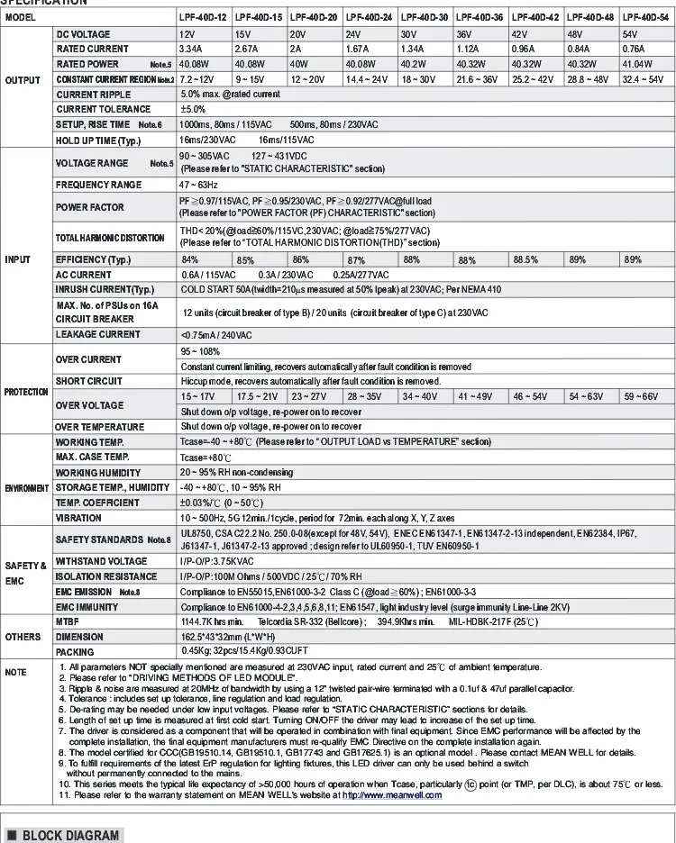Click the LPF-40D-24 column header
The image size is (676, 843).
(369, 17)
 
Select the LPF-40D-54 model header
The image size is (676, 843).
(646, 17)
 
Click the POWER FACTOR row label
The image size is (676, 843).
(89, 208)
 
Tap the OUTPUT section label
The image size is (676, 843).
(23, 80)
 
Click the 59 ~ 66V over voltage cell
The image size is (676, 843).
(644, 396)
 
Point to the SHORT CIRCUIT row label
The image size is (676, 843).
(89, 381)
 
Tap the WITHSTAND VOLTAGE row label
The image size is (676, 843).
(101, 560)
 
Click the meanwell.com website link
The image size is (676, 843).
(393, 795)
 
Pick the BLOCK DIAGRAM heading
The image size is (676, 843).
(69, 835)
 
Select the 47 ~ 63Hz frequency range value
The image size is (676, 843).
(201, 184)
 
